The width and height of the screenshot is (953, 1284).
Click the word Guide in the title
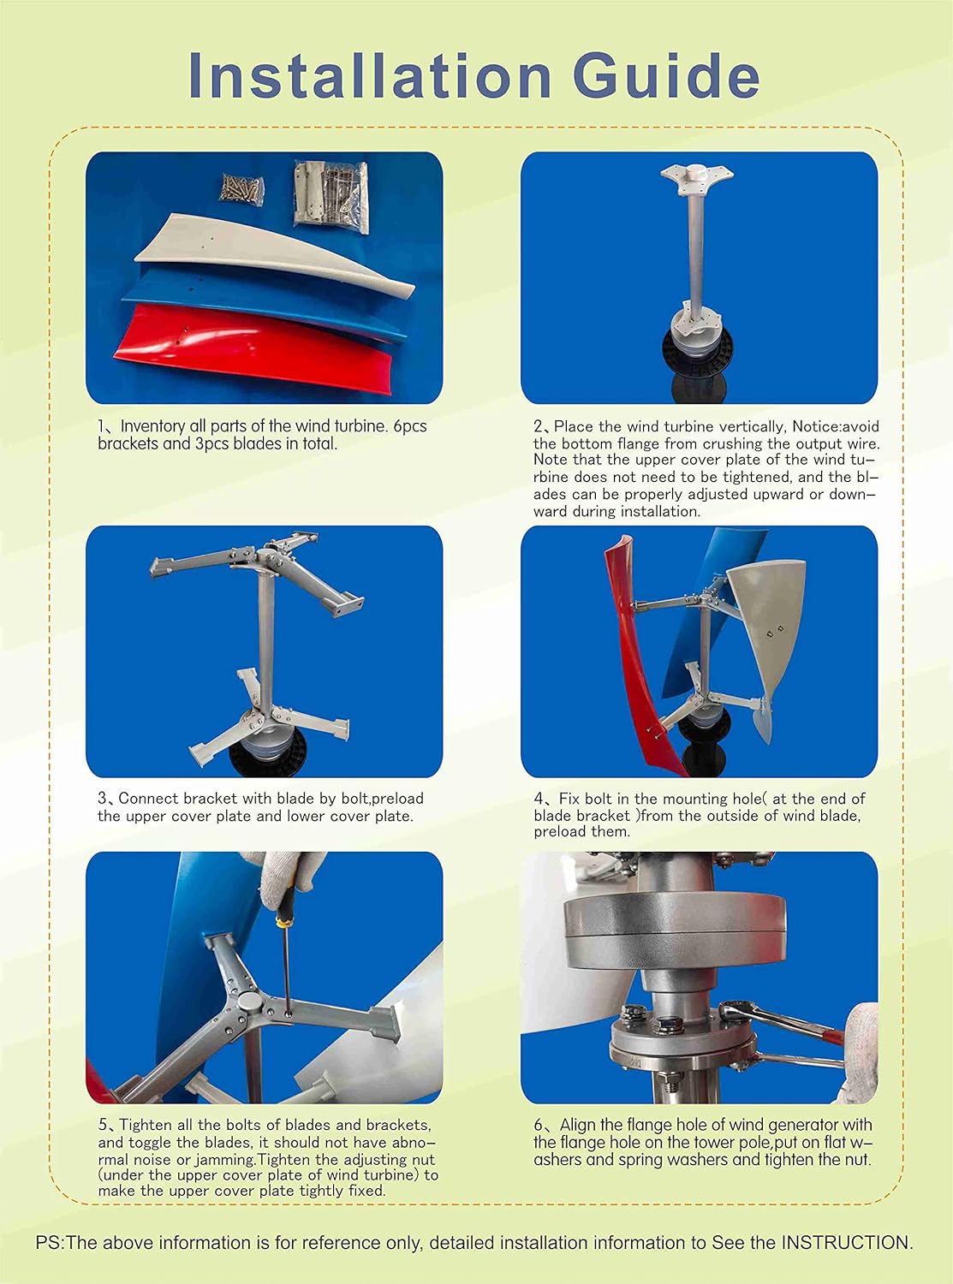[665, 75]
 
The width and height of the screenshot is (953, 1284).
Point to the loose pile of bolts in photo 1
[242, 188]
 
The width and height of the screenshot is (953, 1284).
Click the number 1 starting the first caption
[101, 426]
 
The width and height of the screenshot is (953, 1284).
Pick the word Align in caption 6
[578, 1125]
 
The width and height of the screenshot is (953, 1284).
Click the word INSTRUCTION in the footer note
[845, 1242]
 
